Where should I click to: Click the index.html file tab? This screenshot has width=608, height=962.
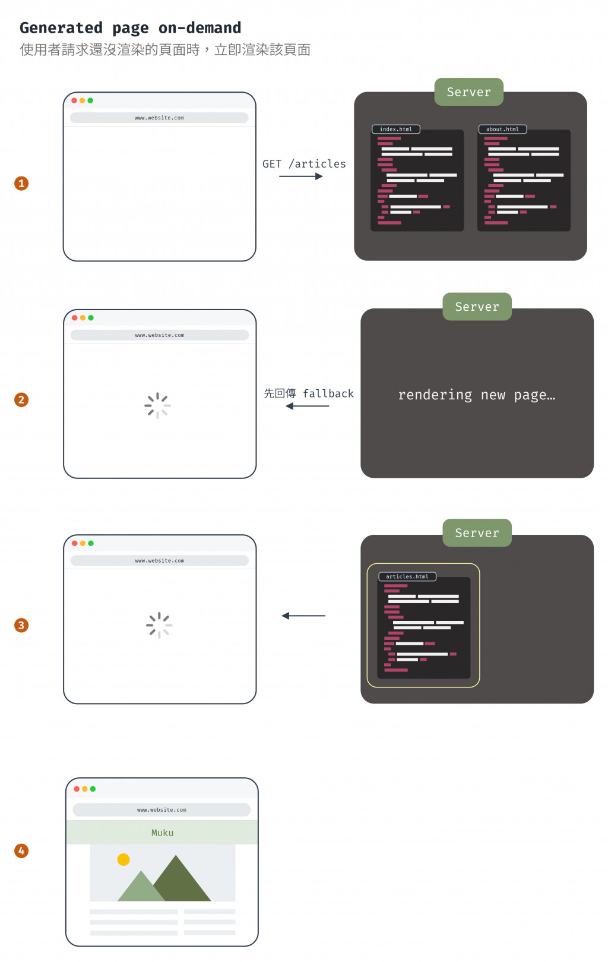395,129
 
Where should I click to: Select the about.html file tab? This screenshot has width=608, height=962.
502,129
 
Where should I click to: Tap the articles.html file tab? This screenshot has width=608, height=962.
407,576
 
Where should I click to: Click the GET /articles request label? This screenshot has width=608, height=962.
304,164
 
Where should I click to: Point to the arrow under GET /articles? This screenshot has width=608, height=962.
301,176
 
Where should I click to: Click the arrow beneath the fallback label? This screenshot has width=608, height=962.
307,406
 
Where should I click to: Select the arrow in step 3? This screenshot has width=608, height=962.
303,616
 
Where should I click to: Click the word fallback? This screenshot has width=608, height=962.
328,393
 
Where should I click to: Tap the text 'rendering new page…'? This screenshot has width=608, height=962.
477,395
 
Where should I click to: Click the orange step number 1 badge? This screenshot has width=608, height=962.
21,183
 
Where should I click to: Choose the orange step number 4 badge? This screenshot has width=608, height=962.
21,851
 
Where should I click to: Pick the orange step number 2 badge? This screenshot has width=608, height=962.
21,400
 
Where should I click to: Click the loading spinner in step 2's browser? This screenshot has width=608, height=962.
157,406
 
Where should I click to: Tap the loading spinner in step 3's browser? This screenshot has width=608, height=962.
159,625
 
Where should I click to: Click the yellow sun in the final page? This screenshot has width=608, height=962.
123,859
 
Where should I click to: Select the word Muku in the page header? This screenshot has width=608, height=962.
162,833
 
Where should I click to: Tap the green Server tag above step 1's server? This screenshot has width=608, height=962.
468,92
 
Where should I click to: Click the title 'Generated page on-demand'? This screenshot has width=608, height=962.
131,28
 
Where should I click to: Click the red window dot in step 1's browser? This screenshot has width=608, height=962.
74,100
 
